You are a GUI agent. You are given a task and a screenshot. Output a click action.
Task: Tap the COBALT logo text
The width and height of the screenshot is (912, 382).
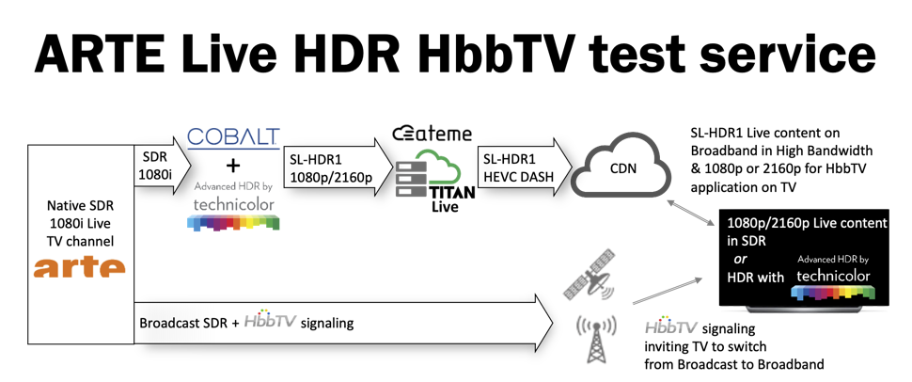coord(234,136)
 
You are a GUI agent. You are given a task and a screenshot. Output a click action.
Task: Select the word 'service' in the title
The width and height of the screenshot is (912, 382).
coord(792,53)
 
